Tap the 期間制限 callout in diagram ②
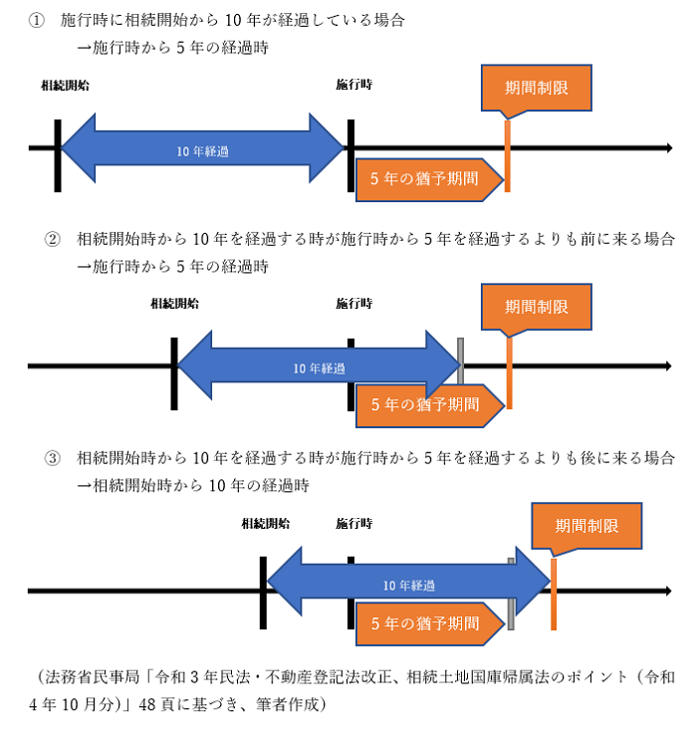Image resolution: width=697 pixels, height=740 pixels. tap(536, 306)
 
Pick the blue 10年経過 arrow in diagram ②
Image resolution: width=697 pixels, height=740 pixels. tap(319, 368)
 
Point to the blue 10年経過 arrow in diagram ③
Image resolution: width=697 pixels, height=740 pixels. tap(408, 585)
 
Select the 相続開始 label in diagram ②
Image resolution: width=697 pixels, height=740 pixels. tap(174, 304)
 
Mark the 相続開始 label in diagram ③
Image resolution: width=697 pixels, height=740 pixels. tap(265, 522)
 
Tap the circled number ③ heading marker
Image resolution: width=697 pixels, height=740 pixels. tap(53, 458)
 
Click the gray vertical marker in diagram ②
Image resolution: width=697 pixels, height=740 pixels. tap(461, 361)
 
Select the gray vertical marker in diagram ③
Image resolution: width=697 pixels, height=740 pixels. tap(511, 596)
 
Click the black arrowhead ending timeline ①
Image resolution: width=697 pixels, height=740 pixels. tap(668, 148)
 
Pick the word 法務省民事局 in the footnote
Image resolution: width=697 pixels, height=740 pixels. tap(96, 677)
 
